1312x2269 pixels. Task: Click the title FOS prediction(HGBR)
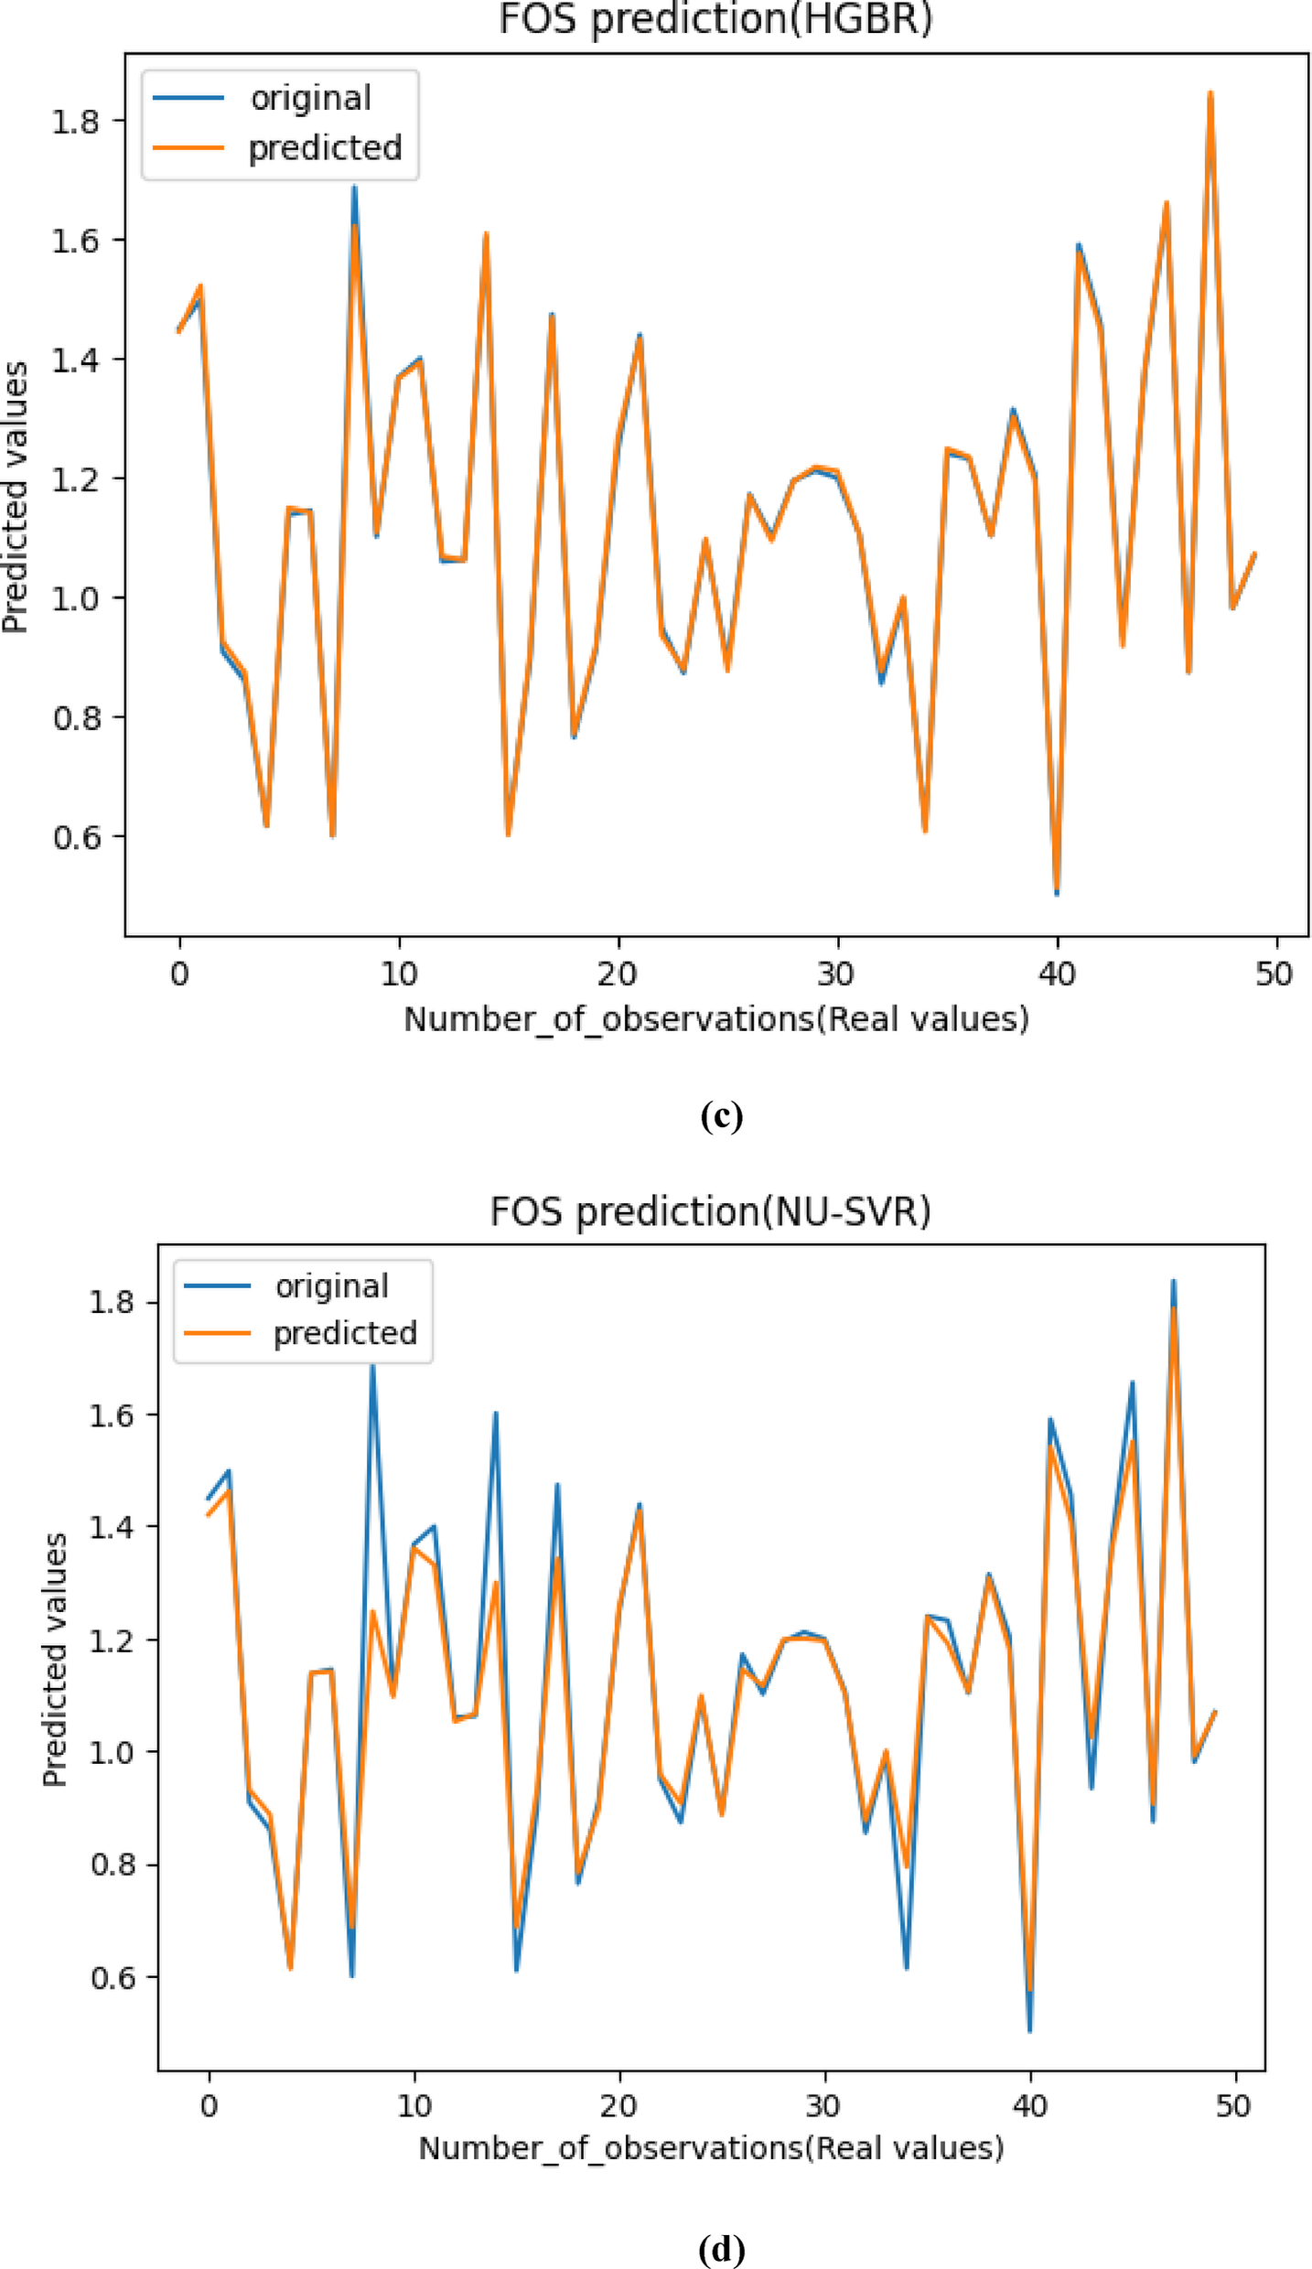pos(715,20)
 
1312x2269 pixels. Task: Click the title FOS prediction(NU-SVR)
pos(710,1211)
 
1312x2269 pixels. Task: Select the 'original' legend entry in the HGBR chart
pos(310,98)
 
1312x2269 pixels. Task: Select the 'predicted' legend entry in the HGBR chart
pos(325,147)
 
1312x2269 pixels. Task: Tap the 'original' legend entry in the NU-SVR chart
pos(331,1285)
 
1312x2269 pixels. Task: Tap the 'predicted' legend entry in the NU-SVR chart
pos(345,1333)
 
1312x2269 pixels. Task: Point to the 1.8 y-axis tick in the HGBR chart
pos(75,121)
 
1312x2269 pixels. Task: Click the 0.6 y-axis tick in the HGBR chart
pos(75,836)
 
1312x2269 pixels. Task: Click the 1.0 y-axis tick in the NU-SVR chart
pos(112,1751)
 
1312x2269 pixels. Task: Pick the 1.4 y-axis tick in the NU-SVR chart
pos(112,1526)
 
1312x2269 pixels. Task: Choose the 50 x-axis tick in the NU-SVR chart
pos(1233,2106)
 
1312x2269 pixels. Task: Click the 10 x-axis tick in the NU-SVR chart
pos(414,2106)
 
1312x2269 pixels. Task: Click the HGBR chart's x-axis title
pos(715,1018)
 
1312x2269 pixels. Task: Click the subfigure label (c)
pos(721,1115)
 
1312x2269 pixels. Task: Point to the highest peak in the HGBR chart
pos(1210,93)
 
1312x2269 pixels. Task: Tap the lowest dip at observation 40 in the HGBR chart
pos(1057,891)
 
